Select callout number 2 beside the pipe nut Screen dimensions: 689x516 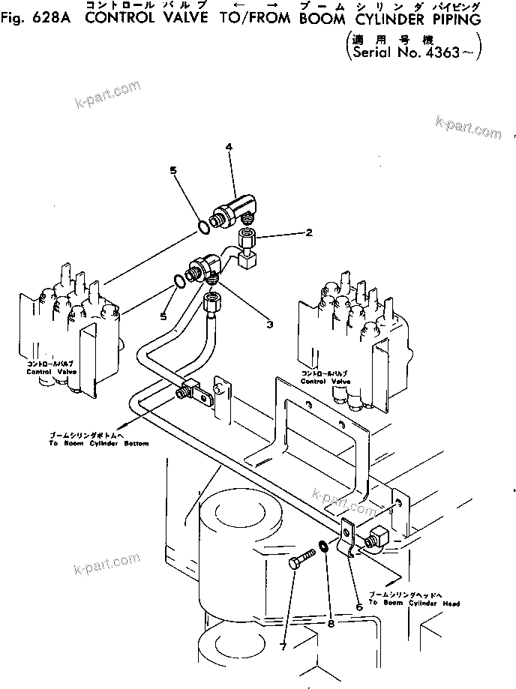308,233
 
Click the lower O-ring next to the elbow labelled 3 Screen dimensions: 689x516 178,282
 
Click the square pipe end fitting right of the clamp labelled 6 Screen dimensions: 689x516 376,538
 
